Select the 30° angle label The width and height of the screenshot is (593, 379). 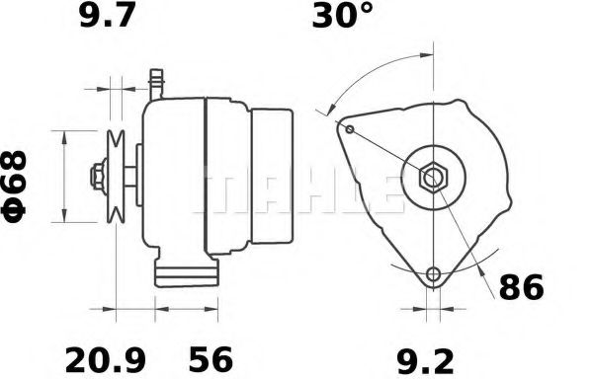pyautogui.click(x=344, y=18)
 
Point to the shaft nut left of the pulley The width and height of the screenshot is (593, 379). pyautogui.click(x=97, y=178)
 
